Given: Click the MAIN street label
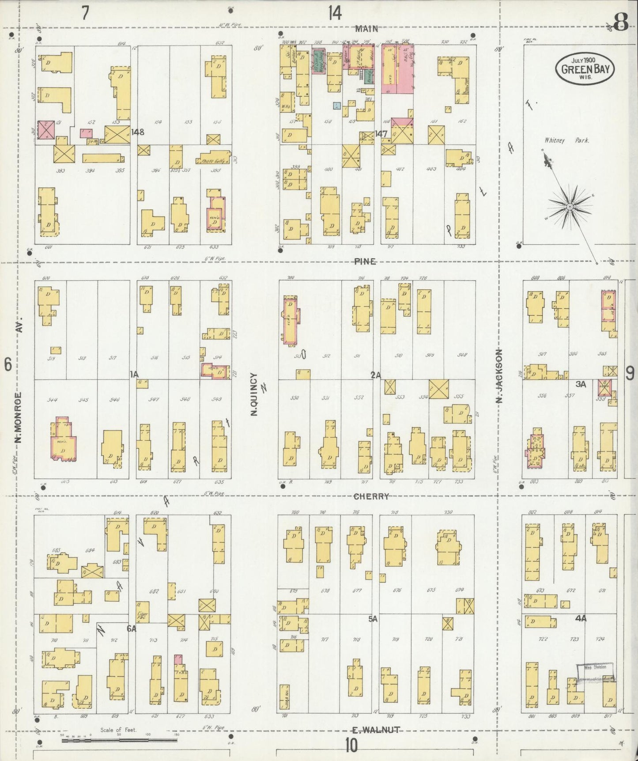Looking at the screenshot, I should tap(366, 29).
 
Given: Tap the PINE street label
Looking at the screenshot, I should tap(365, 261).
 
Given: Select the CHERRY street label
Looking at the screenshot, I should tap(371, 496).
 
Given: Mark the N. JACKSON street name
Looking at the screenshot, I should tap(499, 376).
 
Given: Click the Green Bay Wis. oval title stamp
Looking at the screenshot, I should tap(584, 68).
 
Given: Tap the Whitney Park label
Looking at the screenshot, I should tap(566, 140).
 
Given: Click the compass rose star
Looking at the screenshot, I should tap(570, 207).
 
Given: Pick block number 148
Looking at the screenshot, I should tap(137, 132).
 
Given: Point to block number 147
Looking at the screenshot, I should tap(381, 133).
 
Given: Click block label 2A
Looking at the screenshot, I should tap(375, 375).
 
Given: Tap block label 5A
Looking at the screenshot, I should tap(373, 619).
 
